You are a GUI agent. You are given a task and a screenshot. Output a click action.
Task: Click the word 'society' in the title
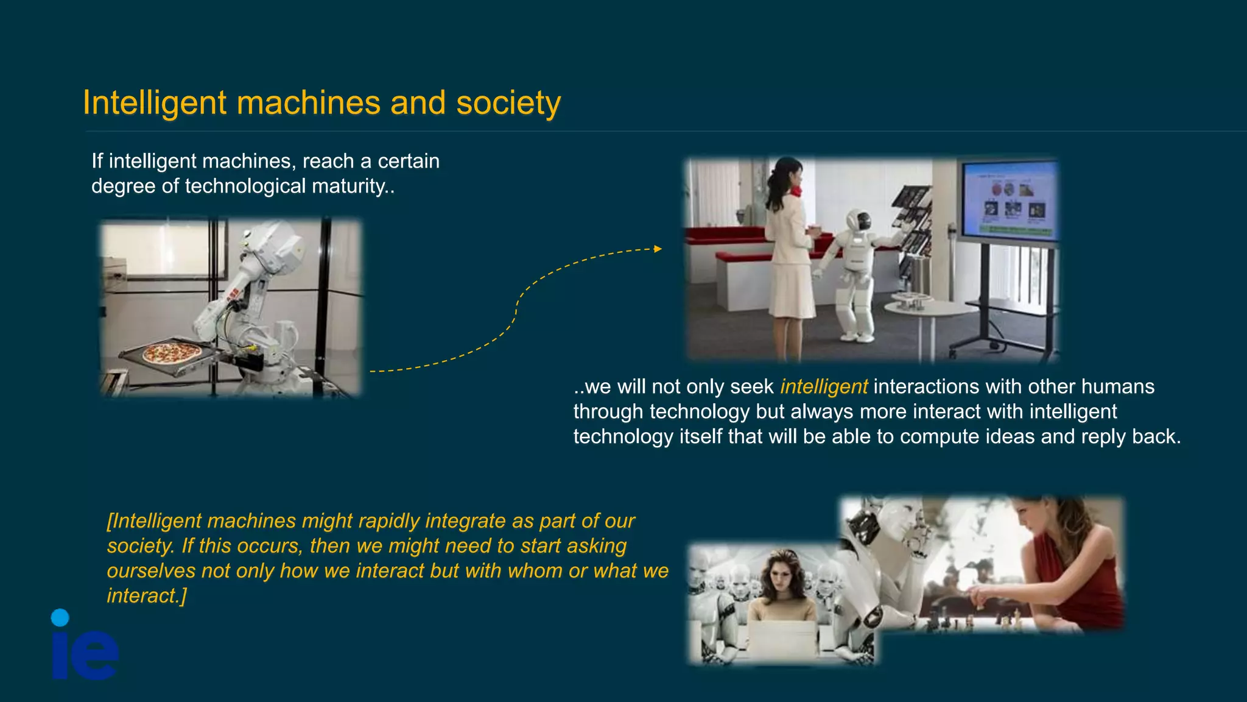click(x=508, y=103)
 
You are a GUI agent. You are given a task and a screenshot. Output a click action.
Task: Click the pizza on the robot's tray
click(x=172, y=353)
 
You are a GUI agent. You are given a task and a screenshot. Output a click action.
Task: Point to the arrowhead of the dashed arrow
click(x=658, y=249)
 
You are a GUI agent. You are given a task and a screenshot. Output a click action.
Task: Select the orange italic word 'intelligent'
click(x=823, y=387)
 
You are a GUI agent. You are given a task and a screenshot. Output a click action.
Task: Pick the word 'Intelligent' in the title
click(x=155, y=103)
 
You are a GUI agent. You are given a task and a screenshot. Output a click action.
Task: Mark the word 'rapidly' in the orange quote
click(x=388, y=521)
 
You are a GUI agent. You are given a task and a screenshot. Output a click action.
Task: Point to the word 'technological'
click(x=245, y=186)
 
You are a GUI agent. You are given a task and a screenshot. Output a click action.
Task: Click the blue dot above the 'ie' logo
click(x=60, y=617)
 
